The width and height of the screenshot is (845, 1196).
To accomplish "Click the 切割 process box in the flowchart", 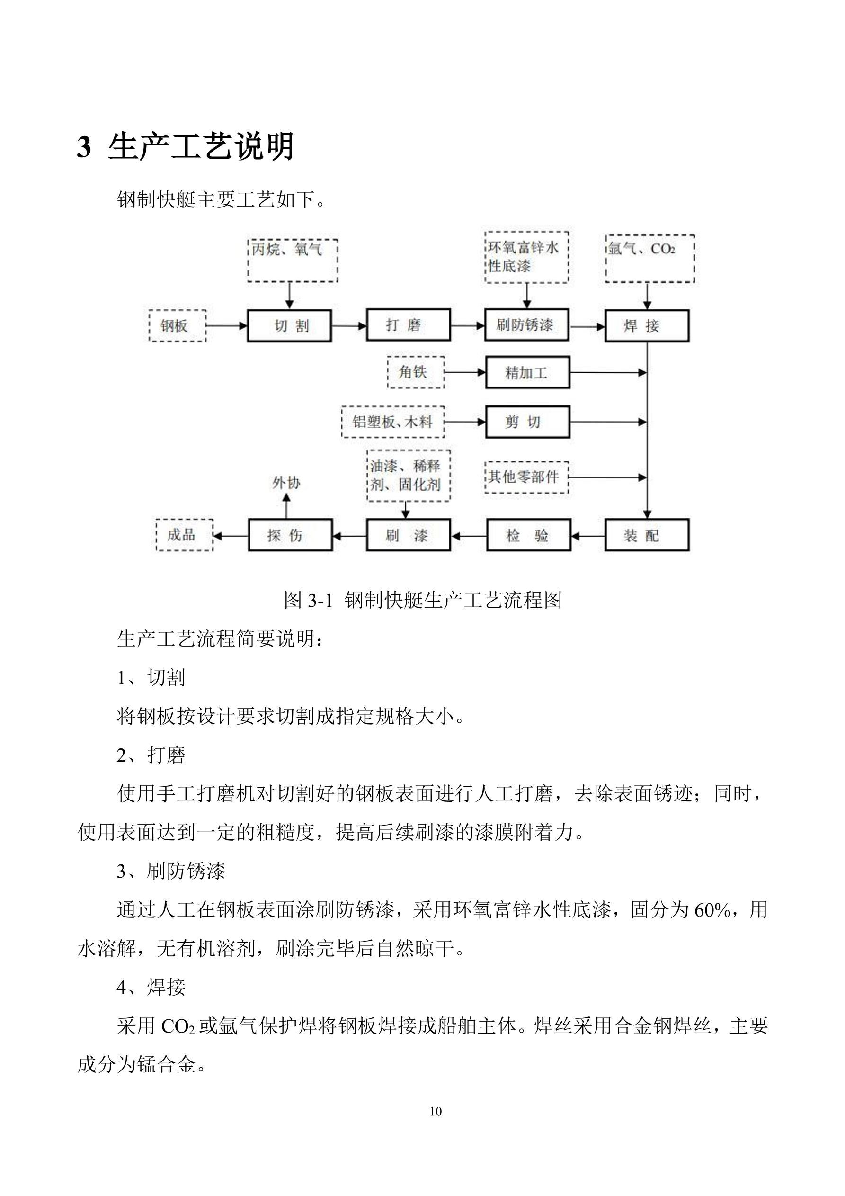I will pos(289,326).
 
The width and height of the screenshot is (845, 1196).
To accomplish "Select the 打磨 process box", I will pos(408,325).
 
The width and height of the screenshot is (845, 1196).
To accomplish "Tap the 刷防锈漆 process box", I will pos(526,325).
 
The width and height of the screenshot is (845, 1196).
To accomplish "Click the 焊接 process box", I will pos(647,326).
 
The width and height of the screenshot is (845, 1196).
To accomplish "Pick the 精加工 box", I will pos(527,372).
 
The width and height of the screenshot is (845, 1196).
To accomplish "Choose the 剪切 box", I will pos(527,422).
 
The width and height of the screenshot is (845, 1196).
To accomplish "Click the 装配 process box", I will pos(647,535).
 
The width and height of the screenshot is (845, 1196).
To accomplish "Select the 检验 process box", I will pos(528,535).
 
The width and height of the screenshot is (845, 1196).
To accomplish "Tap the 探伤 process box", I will pos(290,535).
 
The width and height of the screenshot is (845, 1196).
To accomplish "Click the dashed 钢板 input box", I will pos(178,326).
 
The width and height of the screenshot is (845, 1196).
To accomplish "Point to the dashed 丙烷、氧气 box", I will pos(293,261).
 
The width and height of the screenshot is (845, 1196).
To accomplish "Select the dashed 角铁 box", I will pos(416,372).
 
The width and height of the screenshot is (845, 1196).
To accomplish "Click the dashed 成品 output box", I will pos(184,535).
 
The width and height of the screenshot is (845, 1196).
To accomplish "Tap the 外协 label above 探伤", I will pos(286,483).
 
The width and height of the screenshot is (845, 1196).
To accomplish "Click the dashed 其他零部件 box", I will pos(526,477).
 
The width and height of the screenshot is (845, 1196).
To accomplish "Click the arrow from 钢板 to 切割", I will pos(226,326).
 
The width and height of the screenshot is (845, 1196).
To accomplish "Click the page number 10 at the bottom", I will pos(436,1111).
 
